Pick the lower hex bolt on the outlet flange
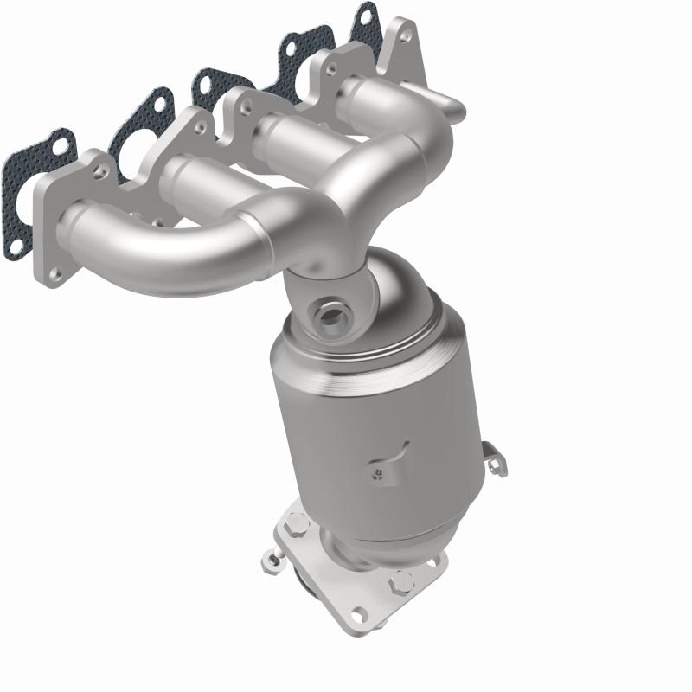coord(402,585)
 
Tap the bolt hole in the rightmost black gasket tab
coord(365,15)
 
